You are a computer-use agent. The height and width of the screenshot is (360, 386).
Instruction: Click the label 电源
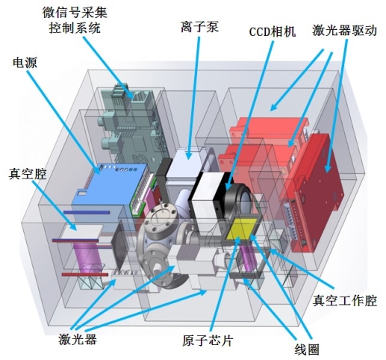pyautogui.click(x=25, y=62)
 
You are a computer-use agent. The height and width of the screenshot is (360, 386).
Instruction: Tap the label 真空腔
pyautogui.click(x=28, y=173)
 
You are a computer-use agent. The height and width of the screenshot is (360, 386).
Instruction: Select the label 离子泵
pyautogui.click(x=200, y=26)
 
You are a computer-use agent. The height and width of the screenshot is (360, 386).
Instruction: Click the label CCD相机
pyautogui.click(x=273, y=31)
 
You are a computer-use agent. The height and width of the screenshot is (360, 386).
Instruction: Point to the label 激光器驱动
pyautogui.click(x=345, y=31)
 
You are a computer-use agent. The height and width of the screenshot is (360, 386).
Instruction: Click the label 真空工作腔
pyautogui.click(x=345, y=300)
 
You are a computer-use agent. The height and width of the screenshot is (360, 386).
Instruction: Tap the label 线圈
pyautogui.click(x=307, y=349)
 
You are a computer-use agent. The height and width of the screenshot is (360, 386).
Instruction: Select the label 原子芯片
pyautogui.click(x=208, y=341)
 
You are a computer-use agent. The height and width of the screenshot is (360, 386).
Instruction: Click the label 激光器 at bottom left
pyautogui.click(x=78, y=339)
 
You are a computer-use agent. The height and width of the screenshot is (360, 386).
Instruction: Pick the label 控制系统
pyautogui.click(x=75, y=28)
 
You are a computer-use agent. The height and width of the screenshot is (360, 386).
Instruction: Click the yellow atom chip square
pyautogui.click(x=242, y=229)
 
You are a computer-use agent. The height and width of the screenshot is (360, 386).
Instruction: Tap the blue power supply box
pyautogui.click(x=110, y=185)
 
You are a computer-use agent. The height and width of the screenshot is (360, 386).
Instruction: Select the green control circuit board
pyautogui.click(x=132, y=125)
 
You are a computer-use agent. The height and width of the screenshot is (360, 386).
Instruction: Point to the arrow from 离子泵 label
pyautogui.click(x=193, y=98)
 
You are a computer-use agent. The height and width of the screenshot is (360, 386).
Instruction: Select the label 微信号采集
pyautogui.click(x=75, y=13)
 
